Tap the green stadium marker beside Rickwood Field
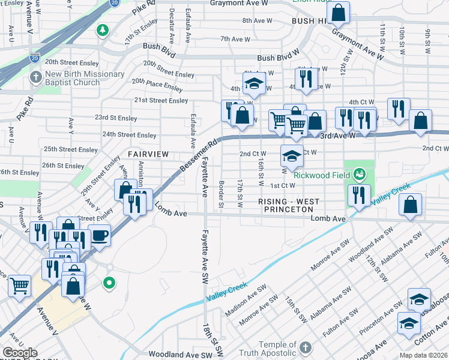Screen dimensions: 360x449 pos(360,175)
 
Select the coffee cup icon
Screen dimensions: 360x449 pos(99,235)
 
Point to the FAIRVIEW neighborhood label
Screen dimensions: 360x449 pos(143,154)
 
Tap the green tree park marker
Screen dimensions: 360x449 pos(103,29)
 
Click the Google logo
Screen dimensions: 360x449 pos(20,353)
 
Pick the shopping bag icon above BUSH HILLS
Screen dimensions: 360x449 pos(339,11)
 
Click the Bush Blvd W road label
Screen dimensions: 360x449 pos(278,58)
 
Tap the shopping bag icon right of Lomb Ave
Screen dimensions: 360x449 pos(411,205)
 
